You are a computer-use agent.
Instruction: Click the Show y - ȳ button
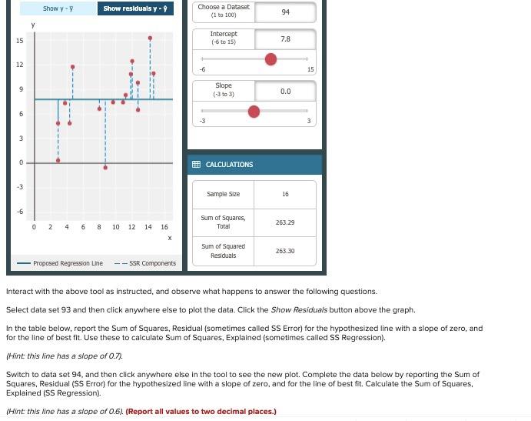pos(58,8)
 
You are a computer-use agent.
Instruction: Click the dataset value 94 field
pos(285,12)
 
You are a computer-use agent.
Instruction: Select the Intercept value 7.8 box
pos(285,38)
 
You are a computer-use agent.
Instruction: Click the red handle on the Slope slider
pos(254,112)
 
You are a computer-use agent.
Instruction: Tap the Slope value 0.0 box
pos(285,91)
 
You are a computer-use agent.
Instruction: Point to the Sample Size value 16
pos(285,194)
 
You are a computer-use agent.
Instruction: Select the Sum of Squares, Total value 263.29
pos(285,222)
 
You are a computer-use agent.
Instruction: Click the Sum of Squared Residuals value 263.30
pos(285,251)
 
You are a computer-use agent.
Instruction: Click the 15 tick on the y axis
pos(19,40)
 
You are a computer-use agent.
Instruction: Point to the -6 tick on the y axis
pos(20,211)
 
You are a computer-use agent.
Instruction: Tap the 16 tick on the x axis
pos(164,227)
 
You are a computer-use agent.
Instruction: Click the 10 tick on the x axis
pos(115,227)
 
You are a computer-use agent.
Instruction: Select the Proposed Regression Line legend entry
pos(62,263)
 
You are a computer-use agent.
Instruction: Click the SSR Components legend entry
pos(146,263)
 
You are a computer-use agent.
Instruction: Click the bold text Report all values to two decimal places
pos(201,412)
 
